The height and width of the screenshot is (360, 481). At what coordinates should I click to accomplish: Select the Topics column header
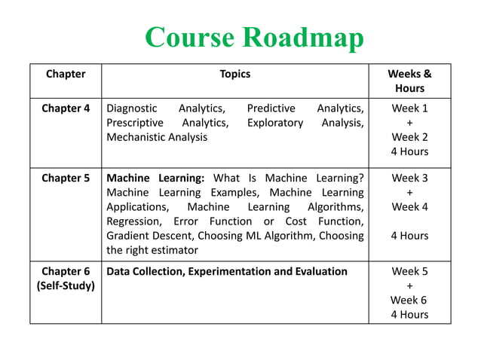[x=234, y=74]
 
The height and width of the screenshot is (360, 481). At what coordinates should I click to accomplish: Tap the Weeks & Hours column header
[x=409, y=81]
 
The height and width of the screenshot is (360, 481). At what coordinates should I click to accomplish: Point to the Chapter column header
[x=66, y=74]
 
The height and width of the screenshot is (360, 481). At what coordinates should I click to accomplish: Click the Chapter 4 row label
[x=66, y=108]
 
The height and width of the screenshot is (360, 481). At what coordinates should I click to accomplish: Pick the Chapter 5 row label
[x=66, y=178]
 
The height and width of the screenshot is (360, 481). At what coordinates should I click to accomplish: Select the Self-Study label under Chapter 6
[x=66, y=286]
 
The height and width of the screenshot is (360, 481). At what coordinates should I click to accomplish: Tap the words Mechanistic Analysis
[x=157, y=137]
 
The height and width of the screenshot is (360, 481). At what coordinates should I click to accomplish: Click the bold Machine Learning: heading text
[x=155, y=178]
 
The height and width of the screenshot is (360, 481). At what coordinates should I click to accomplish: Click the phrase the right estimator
[x=152, y=250]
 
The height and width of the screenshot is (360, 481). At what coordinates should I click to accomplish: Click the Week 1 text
[x=409, y=108]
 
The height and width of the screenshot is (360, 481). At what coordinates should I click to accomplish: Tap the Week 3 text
[x=409, y=178]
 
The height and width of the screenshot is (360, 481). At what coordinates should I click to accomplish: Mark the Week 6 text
[x=409, y=300]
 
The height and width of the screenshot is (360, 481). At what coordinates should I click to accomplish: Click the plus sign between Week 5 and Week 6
[x=409, y=286]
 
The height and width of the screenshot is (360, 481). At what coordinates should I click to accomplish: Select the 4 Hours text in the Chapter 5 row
[x=409, y=236]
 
